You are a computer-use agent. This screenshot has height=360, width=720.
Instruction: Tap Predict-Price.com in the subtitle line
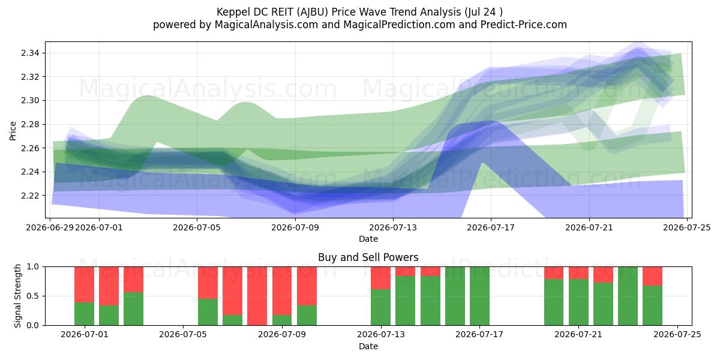pos(524,25)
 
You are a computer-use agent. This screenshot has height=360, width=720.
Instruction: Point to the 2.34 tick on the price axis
pos(30,53)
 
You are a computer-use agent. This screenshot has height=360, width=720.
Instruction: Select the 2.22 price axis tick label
pos(30,196)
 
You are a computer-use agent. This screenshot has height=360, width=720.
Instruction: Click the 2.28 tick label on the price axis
pos(30,124)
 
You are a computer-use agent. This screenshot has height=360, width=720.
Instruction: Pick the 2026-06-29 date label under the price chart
pos(49,227)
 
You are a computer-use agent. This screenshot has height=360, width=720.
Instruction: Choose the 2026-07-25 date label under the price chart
pos(687,227)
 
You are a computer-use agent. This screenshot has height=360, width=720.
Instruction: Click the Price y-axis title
pos(13,131)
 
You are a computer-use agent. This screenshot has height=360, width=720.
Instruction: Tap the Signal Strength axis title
pos(17,296)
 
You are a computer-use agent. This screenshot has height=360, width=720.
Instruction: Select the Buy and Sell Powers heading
pos(368,257)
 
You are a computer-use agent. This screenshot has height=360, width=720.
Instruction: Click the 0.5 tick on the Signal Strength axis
pos(32,296)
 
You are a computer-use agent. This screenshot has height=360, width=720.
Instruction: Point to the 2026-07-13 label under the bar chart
pos(380,334)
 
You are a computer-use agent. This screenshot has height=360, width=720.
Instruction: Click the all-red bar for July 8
pos(257,296)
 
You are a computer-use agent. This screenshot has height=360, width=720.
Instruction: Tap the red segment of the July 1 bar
pos(84,284)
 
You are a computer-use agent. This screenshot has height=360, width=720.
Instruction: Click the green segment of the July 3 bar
pos(133,308)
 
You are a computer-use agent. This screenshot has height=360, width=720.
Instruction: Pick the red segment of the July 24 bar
pos(653,276)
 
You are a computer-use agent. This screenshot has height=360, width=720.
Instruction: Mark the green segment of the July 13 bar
pos(380,307)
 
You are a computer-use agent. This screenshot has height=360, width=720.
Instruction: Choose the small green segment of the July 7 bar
pos(232,320)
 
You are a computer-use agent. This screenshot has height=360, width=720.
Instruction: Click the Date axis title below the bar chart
pos(368,346)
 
